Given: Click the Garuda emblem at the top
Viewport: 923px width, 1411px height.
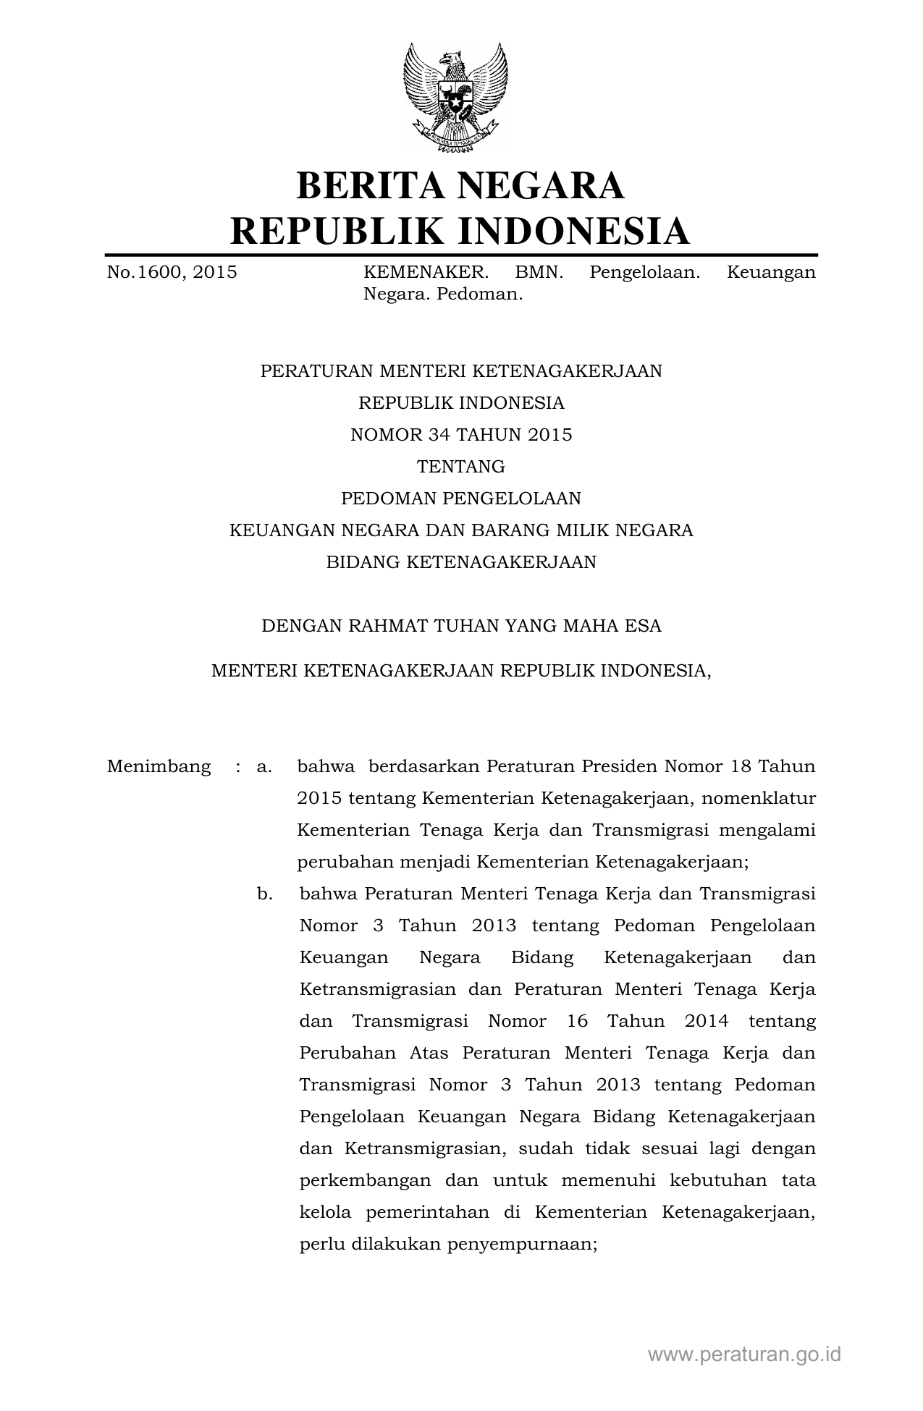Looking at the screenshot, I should pyautogui.click(x=455, y=98).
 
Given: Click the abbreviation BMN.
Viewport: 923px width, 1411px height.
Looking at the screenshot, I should pyautogui.click(x=539, y=273).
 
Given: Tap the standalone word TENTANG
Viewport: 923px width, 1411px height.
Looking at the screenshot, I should pyautogui.click(x=461, y=467).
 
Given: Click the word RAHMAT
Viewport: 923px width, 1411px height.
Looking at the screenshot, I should pyautogui.click(x=389, y=626).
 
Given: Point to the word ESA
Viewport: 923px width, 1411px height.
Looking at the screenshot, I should pyautogui.click(x=643, y=626).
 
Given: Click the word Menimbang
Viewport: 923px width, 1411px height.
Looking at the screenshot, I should pyautogui.click(x=159, y=767).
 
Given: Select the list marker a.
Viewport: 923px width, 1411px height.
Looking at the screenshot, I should pyautogui.click(x=264, y=767).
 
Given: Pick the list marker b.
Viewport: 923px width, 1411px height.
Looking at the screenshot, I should pyautogui.click(x=265, y=894).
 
